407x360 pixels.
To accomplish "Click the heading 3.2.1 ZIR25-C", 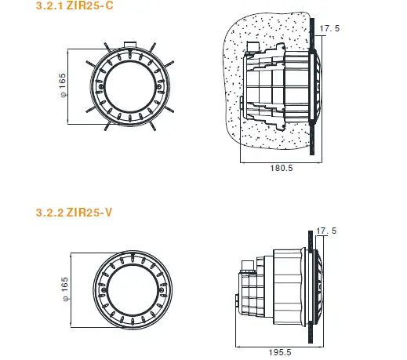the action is click(x=74, y=5).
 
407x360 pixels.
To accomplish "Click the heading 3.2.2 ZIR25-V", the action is click(x=74, y=212).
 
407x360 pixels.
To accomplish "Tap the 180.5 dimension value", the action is click(x=282, y=168).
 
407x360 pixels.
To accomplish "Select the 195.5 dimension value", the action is click(x=280, y=352).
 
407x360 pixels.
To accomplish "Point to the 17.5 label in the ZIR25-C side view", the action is click(x=329, y=28).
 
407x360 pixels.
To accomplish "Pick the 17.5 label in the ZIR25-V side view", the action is click(x=326, y=231).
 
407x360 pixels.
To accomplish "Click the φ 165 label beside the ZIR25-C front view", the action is click(x=63, y=85).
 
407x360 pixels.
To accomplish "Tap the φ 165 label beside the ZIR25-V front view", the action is click(x=65, y=289).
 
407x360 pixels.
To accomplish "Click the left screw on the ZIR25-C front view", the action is click(x=100, y=86).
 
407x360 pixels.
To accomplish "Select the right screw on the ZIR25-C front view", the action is click(x=159, y=86).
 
